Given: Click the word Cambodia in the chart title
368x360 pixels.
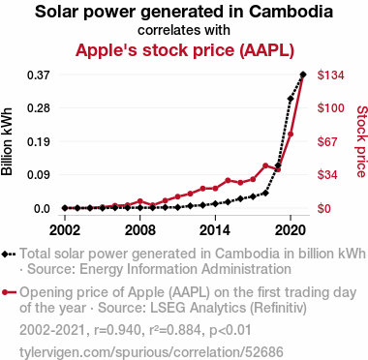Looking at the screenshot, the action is pos(291,12).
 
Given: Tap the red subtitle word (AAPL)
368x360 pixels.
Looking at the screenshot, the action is pos(266,50).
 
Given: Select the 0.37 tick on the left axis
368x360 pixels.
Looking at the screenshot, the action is pos(39,75).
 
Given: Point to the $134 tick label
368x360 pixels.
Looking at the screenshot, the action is pos(330,75).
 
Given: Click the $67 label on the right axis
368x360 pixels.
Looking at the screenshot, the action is pos(327,141).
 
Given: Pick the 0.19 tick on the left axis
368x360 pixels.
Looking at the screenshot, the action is pos(39,141).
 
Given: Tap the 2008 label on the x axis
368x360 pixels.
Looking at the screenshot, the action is pos(140,230).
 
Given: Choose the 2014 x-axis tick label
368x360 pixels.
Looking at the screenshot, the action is pos(215,230).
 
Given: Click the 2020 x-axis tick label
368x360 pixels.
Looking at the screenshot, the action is pos(291,230).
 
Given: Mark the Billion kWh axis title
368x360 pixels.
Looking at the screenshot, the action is pos(7,141).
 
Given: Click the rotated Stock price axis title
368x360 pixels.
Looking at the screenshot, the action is pos(361,141).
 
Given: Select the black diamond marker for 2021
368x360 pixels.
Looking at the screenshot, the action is pos(303,75).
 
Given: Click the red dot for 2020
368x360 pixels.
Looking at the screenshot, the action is pos(291,134).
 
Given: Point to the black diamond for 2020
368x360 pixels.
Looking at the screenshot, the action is pos(291,99).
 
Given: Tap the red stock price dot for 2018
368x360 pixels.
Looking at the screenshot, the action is pos(265,165).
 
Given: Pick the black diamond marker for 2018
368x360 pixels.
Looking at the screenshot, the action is pos(265,194).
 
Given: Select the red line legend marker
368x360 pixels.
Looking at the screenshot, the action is pos(9,293).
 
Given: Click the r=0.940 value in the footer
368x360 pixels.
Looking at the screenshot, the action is pos(117,330).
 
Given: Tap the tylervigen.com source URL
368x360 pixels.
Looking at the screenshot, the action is pos(151,352).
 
